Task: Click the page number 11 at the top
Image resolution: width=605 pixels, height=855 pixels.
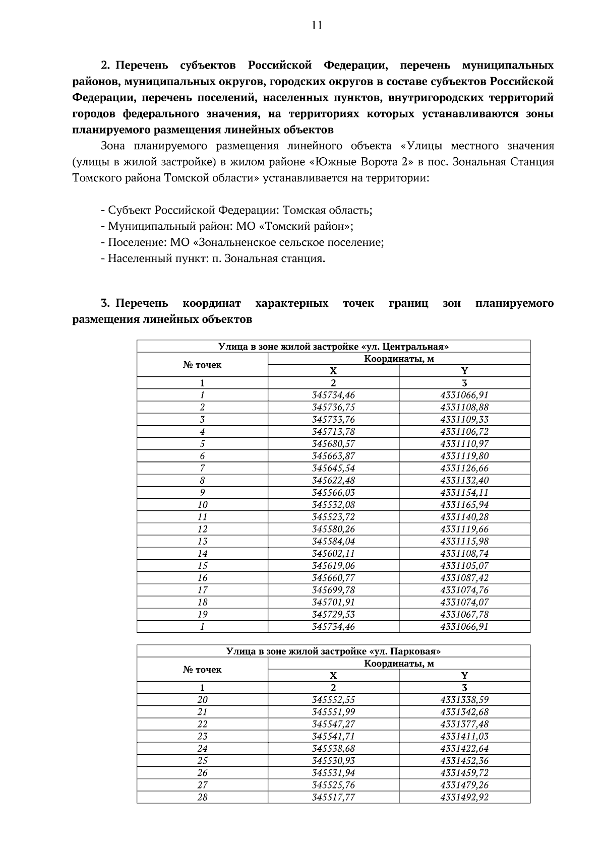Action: coord(317,26)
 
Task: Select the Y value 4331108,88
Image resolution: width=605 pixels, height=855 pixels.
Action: coord(464,407)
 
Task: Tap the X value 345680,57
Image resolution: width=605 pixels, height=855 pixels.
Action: coord(333,444)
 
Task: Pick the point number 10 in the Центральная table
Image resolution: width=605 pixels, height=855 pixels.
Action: coord(202,505)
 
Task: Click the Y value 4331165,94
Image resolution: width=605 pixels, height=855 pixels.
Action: coord(464,505)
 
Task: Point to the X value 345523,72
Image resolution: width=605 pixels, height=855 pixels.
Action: coord(333,517)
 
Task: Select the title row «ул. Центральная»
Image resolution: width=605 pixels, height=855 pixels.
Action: coord(333,347)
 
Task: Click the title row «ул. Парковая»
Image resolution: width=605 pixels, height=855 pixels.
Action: coord(333,651)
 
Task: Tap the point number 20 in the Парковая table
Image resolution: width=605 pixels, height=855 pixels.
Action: coord(202,700)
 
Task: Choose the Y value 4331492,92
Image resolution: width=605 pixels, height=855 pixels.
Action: coord(464,798)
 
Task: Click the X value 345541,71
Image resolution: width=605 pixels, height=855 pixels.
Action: coord(333,737)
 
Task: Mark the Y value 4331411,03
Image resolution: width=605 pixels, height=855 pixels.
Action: coord(464,737)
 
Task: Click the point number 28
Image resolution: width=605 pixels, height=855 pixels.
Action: coord(202,798)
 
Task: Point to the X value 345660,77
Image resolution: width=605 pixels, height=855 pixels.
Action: coord(333,578)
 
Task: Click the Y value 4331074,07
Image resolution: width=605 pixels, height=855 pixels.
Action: coord(464,602)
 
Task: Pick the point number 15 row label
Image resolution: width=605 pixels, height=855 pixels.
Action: coord(202,566)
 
